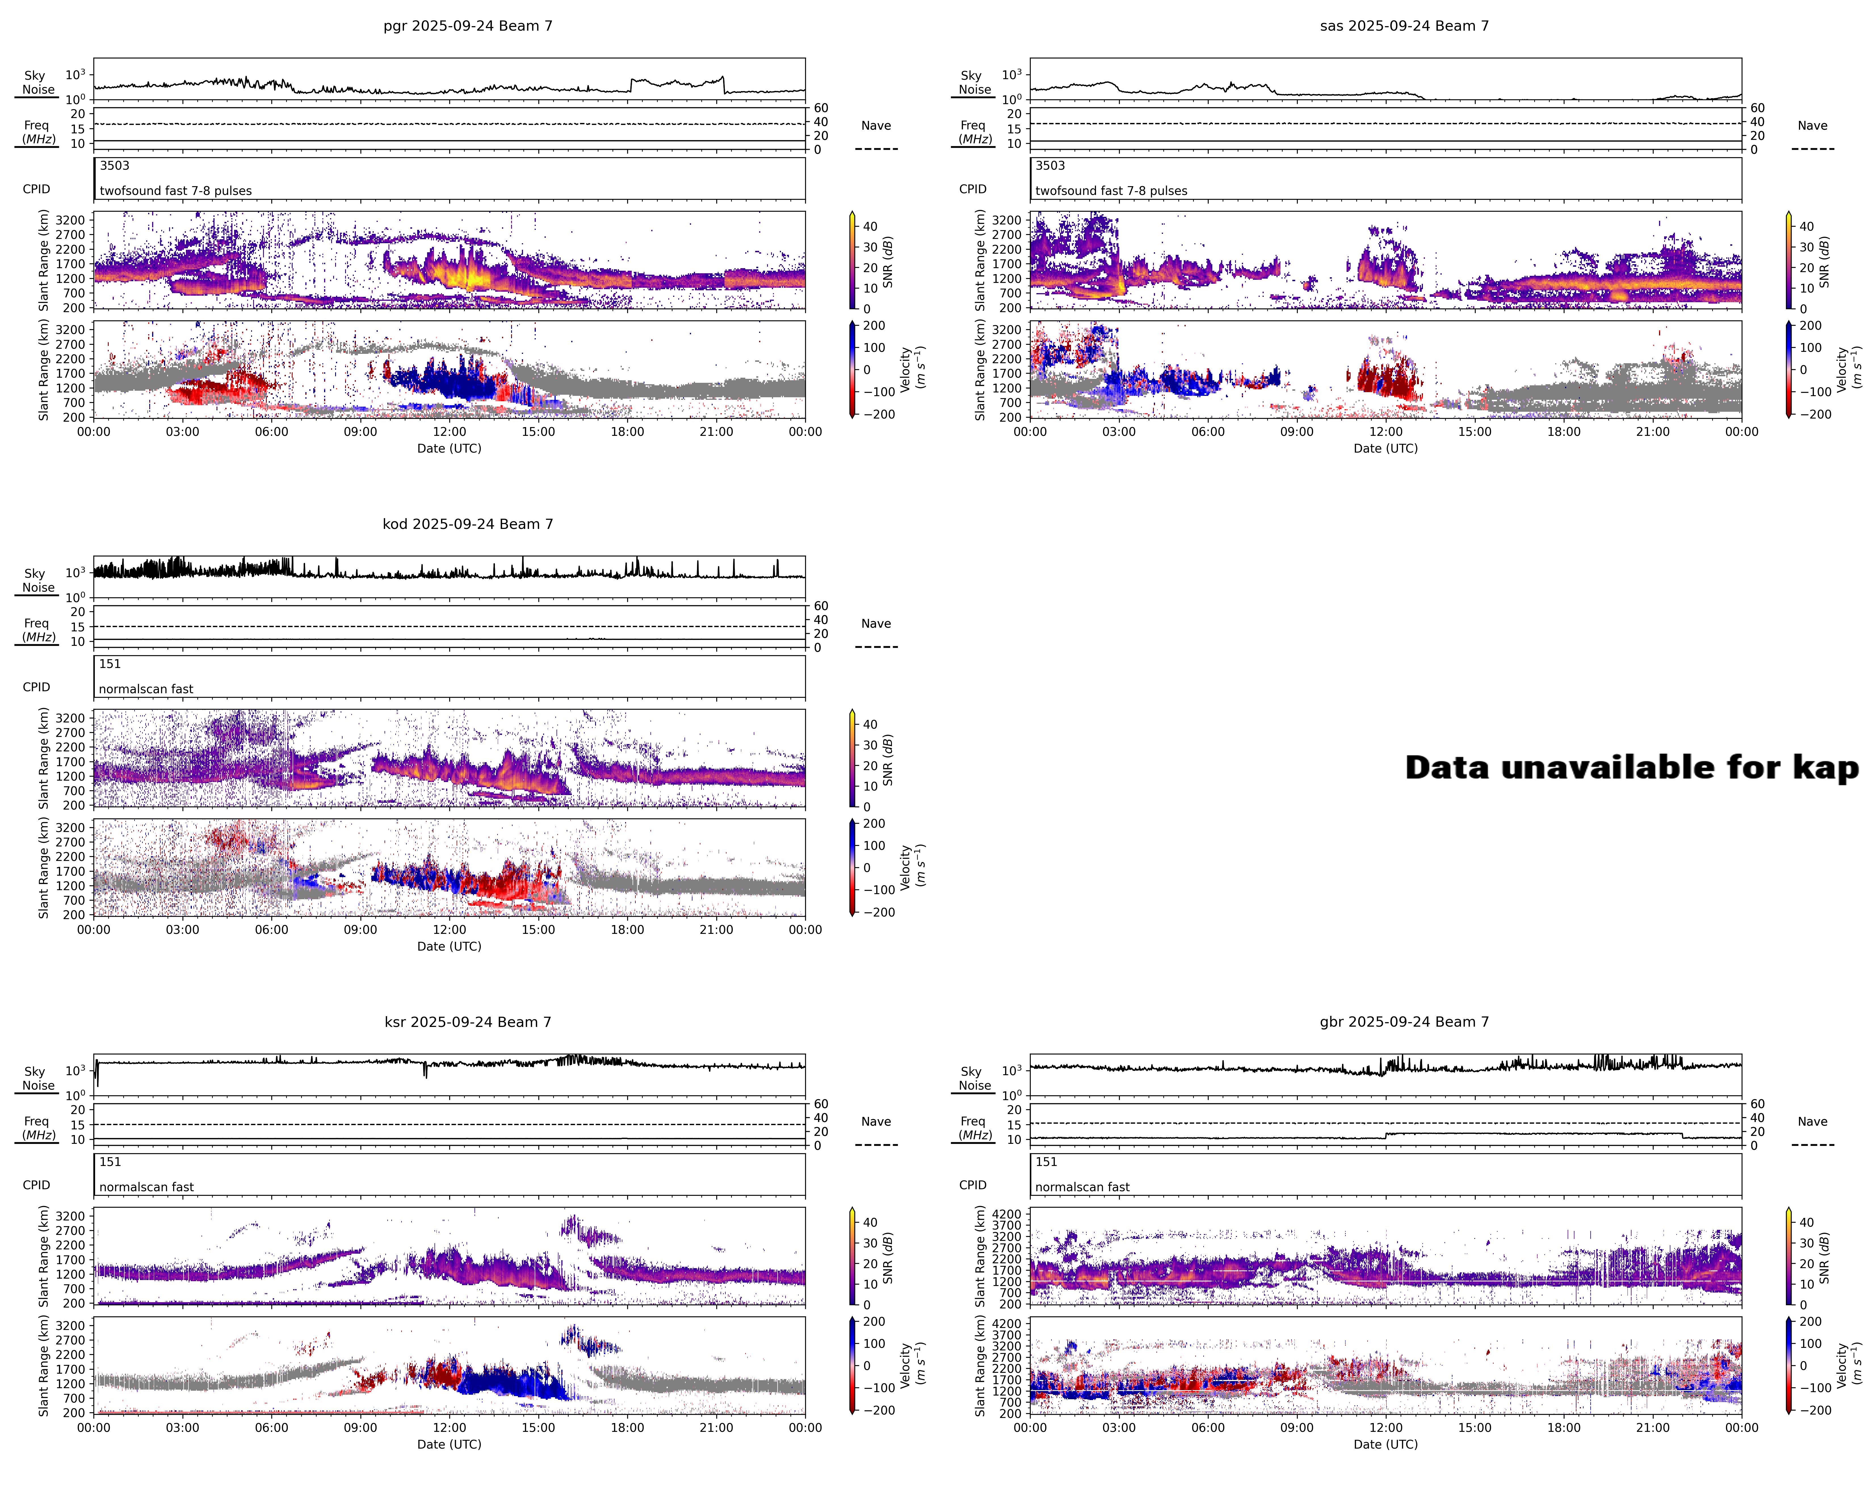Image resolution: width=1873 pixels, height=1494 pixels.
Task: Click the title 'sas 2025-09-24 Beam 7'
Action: click(x=1404, y=26)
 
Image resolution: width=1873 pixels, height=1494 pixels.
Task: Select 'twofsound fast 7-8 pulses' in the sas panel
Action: click(x=1111, y=191)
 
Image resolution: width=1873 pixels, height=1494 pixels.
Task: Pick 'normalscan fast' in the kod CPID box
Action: click(x=146, y=689)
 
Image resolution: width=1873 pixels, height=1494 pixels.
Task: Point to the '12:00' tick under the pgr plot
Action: click(x=449, y=432)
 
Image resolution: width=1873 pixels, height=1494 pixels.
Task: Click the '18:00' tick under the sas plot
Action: click(x=1564, y=432)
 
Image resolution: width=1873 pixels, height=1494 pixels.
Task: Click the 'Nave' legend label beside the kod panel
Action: click(x=876, y=624)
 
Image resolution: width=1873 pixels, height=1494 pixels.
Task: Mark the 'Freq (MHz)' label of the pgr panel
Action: click(x=37, y=132)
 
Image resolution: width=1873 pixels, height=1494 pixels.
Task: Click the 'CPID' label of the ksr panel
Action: click(x=37, y=1185)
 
